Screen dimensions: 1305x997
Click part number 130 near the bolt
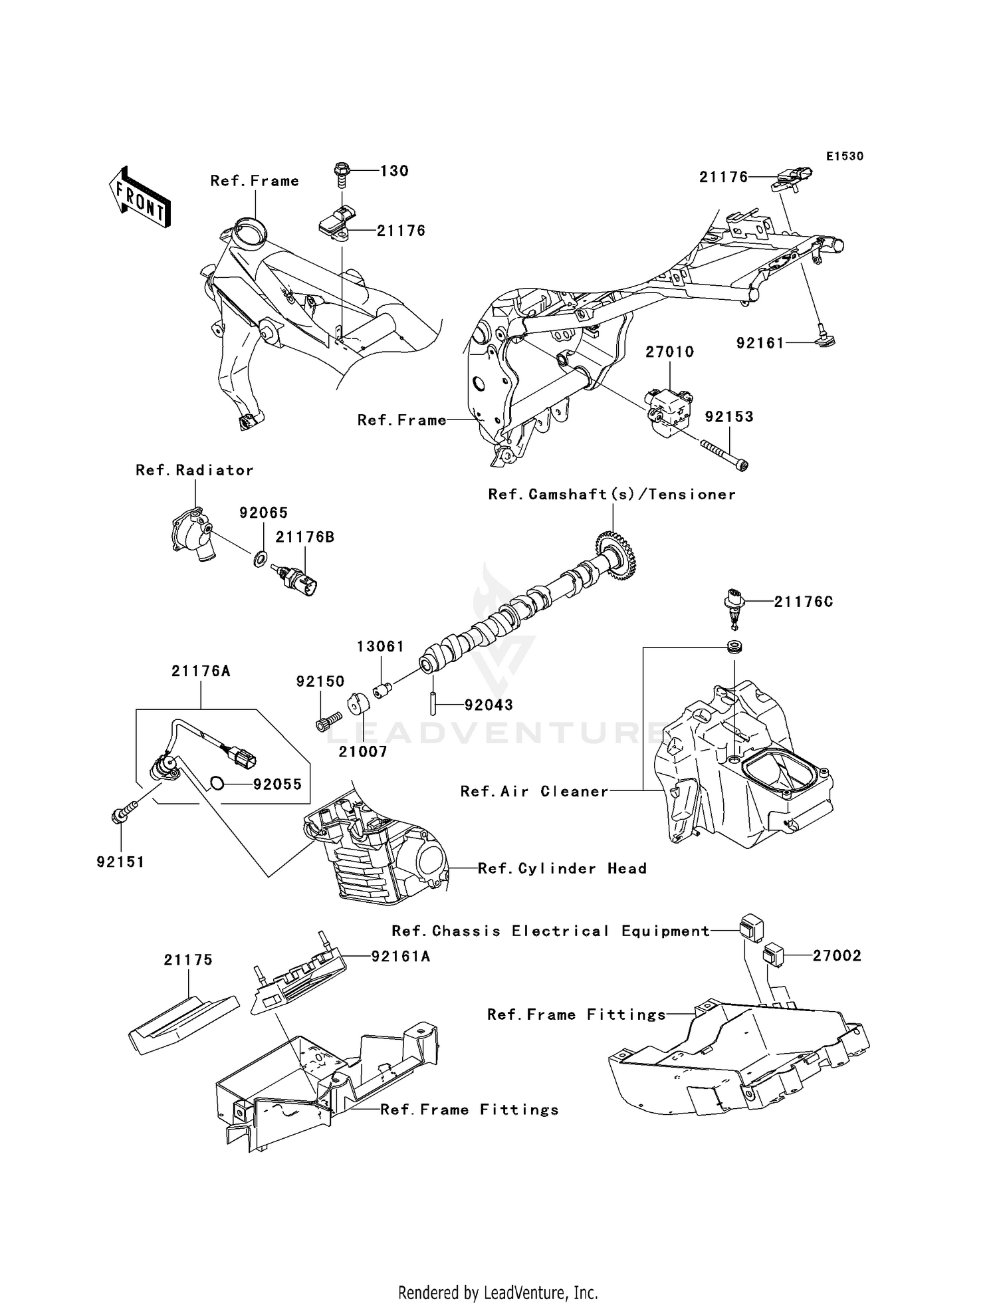tap(394, 171)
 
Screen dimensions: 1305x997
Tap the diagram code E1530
tap(845, 156)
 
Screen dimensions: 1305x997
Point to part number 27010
tap(669, 352)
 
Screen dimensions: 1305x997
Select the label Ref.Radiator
tap(195, 470)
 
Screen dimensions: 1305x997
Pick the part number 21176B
tap(305, 537)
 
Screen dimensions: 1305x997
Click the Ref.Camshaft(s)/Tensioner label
tap(612, 495)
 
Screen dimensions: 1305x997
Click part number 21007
tap(363, 751)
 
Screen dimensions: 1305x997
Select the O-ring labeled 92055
tap(217, 784)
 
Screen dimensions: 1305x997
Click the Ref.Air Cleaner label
tap(534, 791)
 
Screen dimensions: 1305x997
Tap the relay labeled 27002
tap(774, 956)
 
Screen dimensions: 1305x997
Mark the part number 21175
tap(189, 960)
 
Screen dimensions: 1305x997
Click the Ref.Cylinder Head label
tap(562, 868)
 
